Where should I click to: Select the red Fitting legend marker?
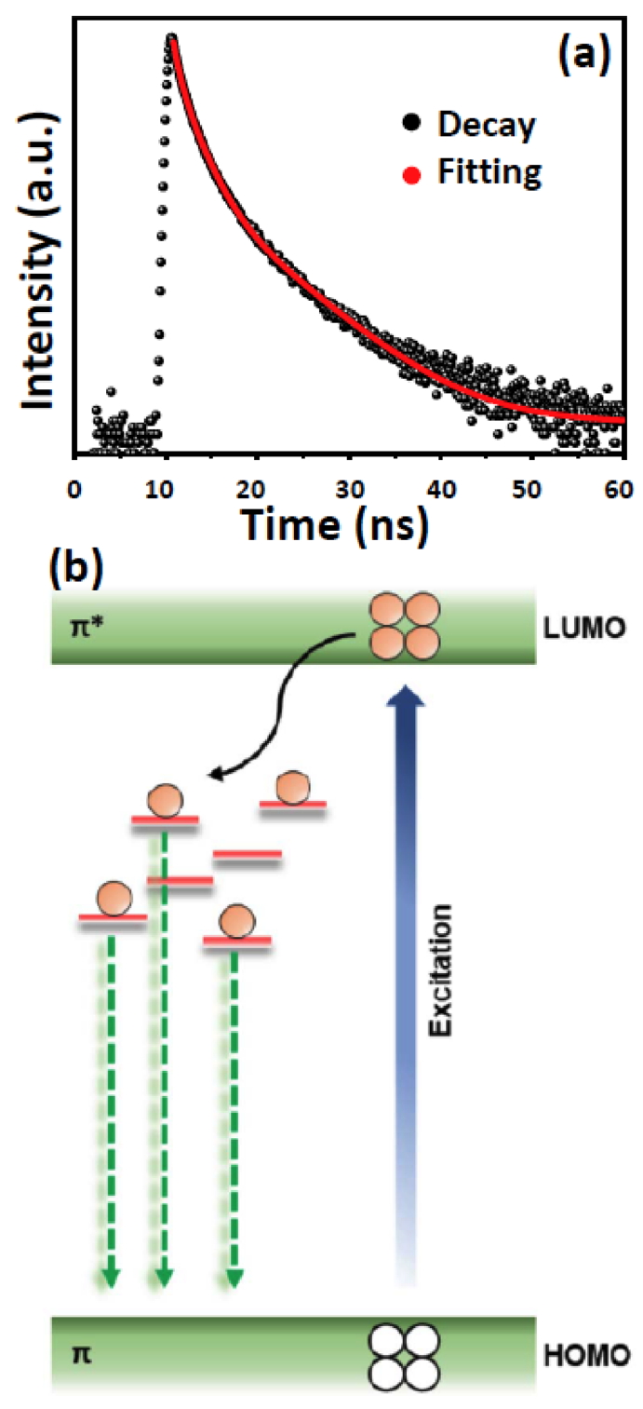(x=410, y=174)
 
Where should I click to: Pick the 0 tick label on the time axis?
(x=74, y=486)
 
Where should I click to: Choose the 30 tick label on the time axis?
(x=348, y=486)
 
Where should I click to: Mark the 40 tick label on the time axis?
(x=439, y=486)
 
